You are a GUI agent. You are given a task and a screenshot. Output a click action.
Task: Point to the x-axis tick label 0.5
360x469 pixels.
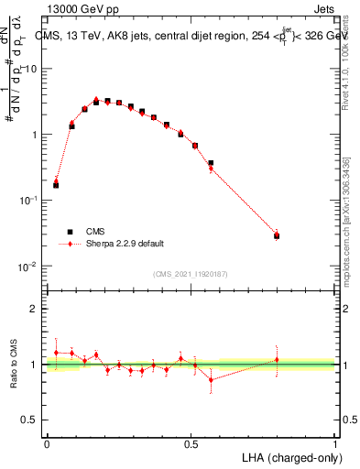tap(191, 444)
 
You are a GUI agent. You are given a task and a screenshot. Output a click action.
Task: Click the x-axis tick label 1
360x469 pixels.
tap(334, 444)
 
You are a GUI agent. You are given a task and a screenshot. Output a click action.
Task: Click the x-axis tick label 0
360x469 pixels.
tap(47, 444)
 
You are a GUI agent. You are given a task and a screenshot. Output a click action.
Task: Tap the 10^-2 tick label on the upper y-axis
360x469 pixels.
tap(27, 267)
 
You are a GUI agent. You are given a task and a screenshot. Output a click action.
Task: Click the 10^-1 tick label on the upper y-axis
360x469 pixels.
tap(27, 201)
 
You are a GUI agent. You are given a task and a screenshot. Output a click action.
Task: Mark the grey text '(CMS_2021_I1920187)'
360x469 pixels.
tap(190, 273)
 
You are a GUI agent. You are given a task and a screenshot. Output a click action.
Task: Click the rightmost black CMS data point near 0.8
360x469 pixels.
tap(277, 236)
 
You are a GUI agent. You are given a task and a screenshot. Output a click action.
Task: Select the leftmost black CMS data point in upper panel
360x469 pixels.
tap(56, 185)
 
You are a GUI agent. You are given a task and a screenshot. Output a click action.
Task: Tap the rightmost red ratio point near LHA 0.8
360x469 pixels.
tap(277, 359)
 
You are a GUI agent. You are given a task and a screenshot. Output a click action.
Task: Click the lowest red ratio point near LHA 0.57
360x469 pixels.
tap(211, 379)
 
